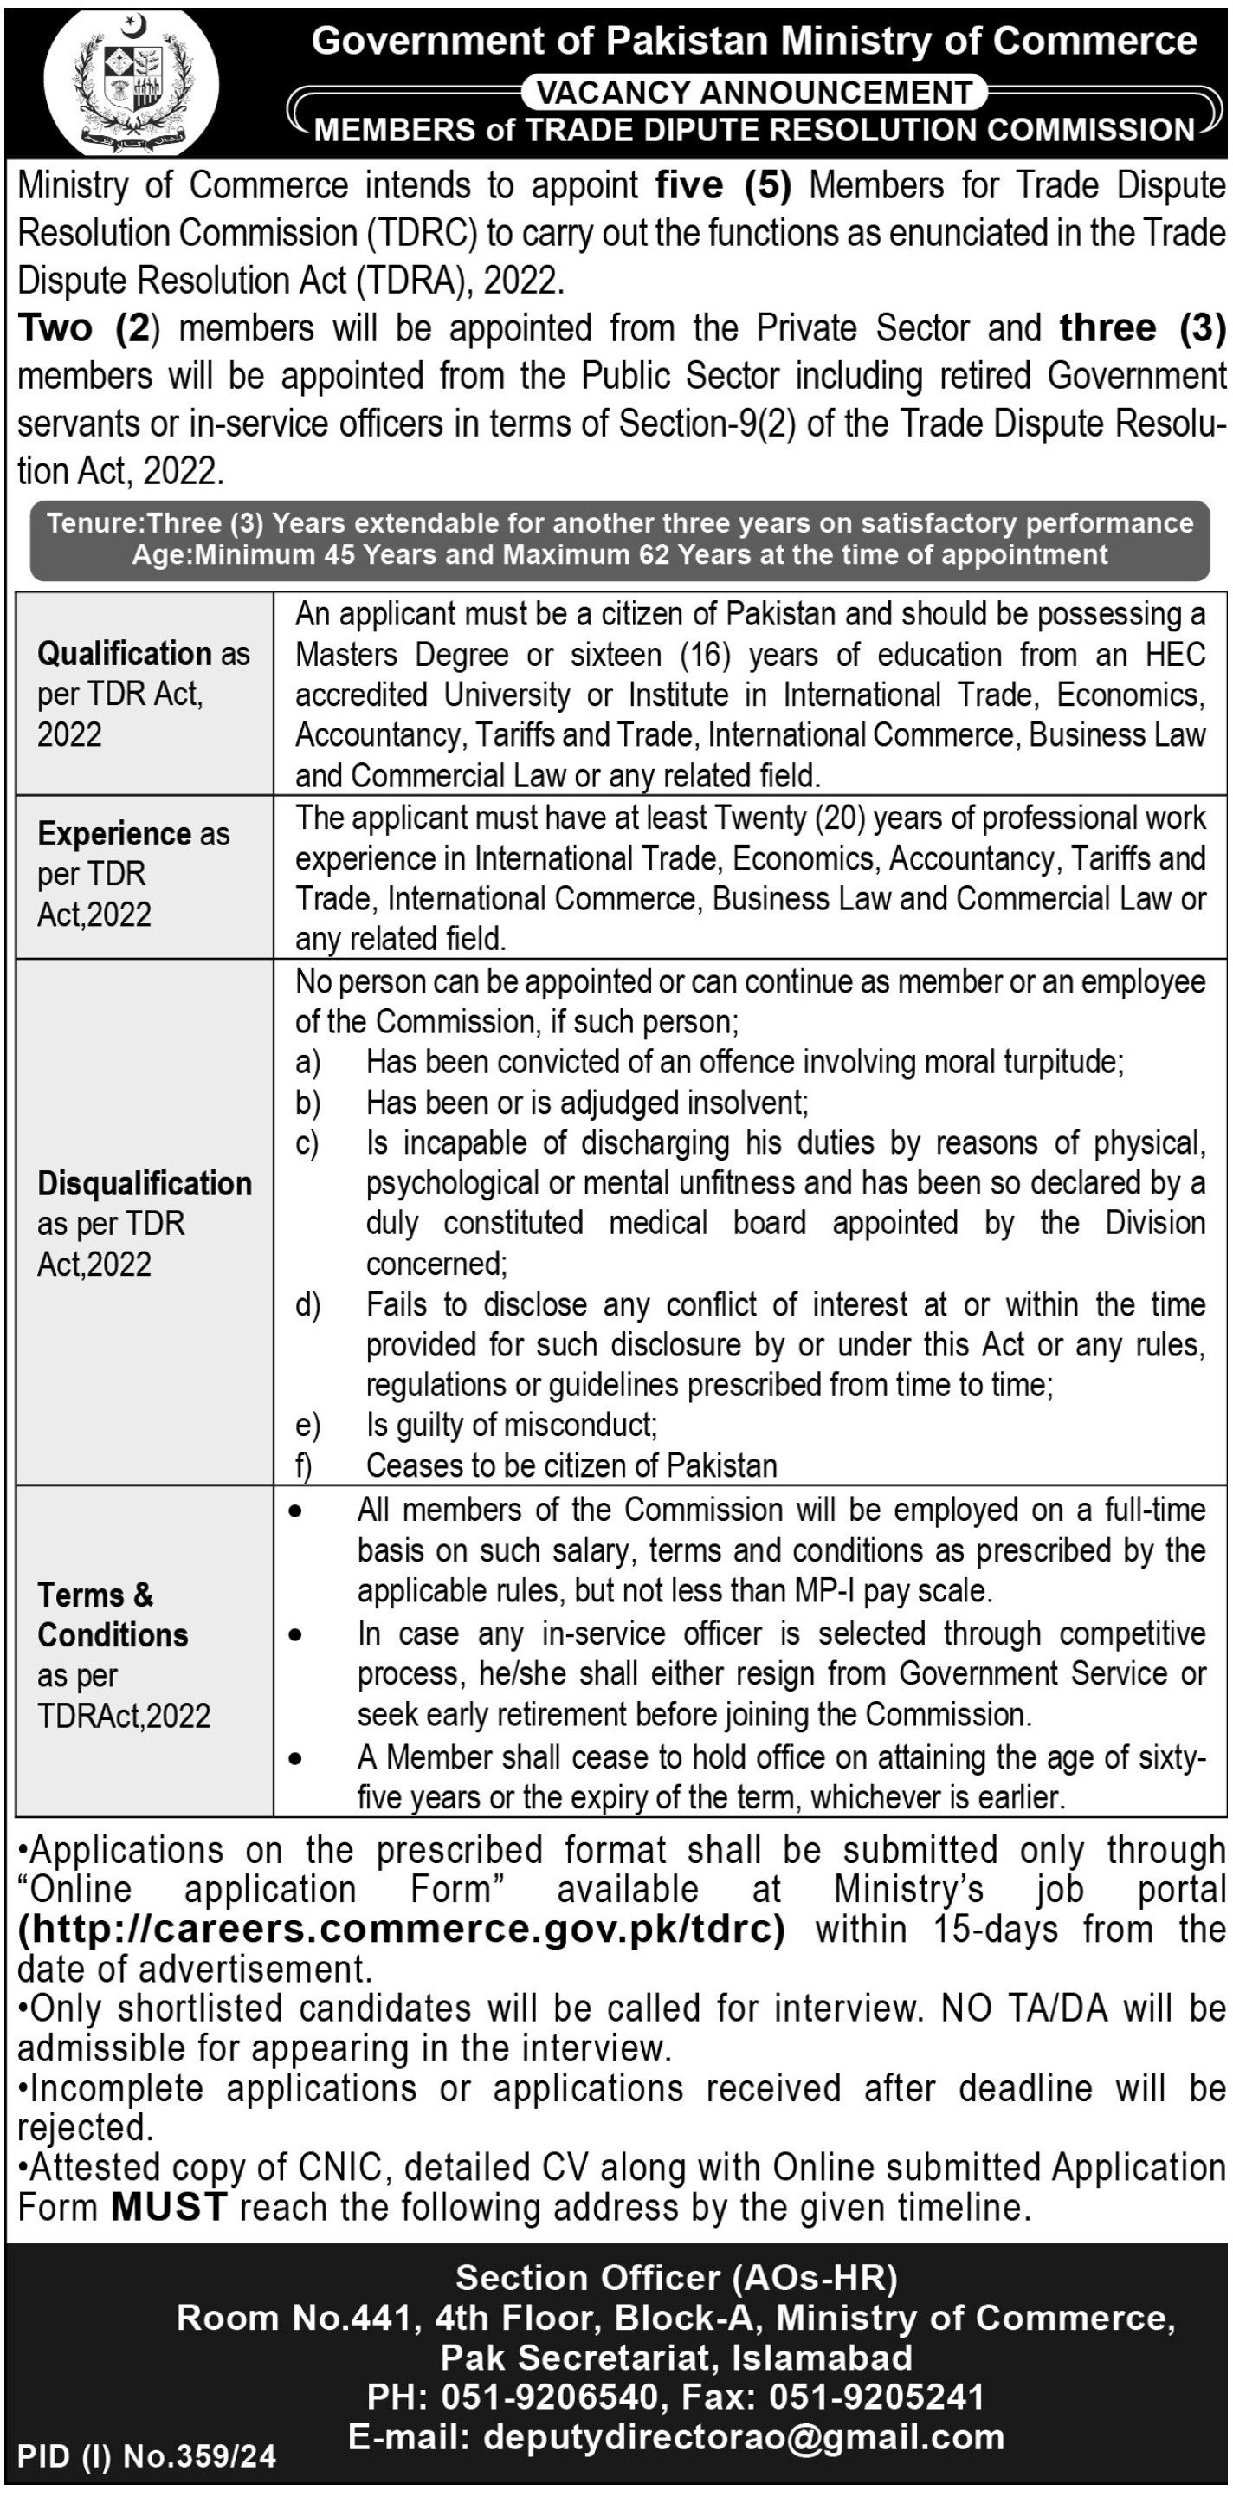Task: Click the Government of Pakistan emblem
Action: point(132,81)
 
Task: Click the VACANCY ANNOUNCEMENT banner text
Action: point(754,93)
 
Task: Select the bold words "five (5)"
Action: point(723,185)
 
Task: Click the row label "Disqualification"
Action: point(145,1184)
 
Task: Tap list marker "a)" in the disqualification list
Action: point(308,1063)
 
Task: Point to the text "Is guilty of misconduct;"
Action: point(512,1425)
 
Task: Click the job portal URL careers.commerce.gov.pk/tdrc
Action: point(401,1929)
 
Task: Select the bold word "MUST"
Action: point(169,2208)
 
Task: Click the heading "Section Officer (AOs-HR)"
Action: point(675,2277)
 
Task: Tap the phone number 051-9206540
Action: point(550,2397)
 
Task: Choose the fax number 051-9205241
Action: point(876,2397)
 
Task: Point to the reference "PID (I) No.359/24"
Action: point(147,2455)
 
